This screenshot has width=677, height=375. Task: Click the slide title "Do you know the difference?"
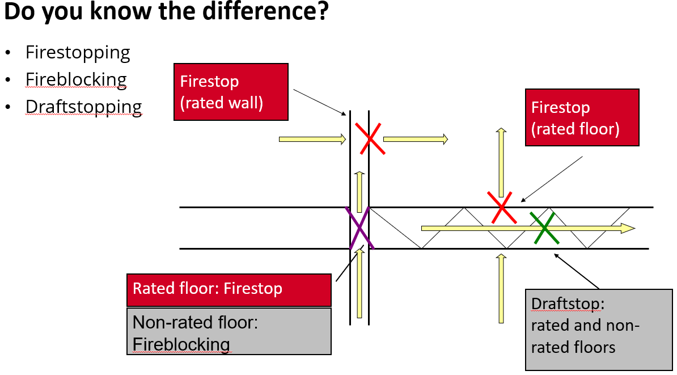point(166,12)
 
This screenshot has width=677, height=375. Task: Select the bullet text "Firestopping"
point(78,53)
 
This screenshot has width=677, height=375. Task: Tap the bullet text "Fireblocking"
point(76,80)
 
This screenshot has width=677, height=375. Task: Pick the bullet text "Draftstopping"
point(83,107)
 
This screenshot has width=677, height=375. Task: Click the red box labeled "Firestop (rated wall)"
point(231,92)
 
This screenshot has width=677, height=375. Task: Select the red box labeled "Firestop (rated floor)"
point(582,118)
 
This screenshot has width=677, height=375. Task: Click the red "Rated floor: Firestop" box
point(229,289)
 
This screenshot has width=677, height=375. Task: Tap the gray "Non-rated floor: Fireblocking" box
point(229,332)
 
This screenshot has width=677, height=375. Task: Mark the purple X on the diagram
point(360,228)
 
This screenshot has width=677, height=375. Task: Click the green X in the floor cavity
point(544,228)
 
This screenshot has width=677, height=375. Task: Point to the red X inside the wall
point(370,138)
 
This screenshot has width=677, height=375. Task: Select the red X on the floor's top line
point(502,207)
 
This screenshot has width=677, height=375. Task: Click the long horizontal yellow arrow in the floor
point(527,228)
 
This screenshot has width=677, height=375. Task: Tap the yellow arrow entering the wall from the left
point(312,138)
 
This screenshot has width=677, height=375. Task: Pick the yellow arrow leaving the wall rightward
point(416,138)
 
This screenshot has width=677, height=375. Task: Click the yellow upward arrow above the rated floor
point(501,162)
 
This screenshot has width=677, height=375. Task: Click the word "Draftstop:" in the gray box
point(567,304)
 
